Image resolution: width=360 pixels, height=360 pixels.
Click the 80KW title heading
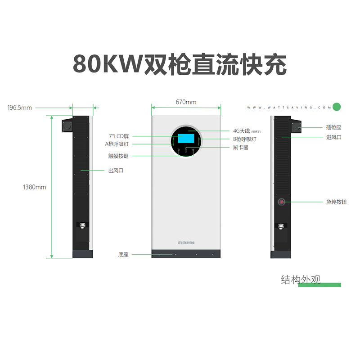point(180,64)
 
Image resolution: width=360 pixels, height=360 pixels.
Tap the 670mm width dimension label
point(186,102)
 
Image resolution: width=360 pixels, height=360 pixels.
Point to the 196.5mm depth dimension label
point(19,108)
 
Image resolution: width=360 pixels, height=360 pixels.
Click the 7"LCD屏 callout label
point(119,136)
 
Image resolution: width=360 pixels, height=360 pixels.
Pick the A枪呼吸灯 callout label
point(117,144)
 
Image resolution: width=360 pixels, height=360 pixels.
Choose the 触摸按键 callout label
point(118,156)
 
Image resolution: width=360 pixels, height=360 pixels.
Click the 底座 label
point(123,255)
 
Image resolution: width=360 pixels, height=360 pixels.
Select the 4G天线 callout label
point(242,131)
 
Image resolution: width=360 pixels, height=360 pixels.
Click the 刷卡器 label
point(241,147)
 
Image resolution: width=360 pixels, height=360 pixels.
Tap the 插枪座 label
point(333,127)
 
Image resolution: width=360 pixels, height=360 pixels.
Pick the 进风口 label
point(333,137)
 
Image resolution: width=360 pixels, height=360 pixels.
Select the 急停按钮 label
point(336,202)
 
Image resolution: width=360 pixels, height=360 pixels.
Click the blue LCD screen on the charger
point(185,139)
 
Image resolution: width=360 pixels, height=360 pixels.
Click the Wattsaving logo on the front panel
point(186,242)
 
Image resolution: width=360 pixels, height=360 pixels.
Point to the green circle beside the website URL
point(337,107)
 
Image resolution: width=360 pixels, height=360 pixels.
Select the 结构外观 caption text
point(301,280)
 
